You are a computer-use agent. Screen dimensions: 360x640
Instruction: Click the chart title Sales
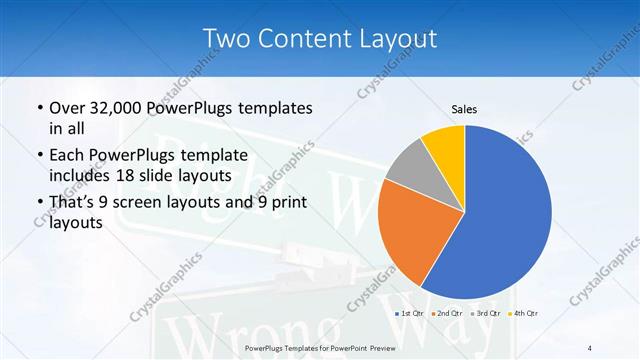(464, 108)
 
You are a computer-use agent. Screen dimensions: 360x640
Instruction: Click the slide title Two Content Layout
(319, 39)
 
